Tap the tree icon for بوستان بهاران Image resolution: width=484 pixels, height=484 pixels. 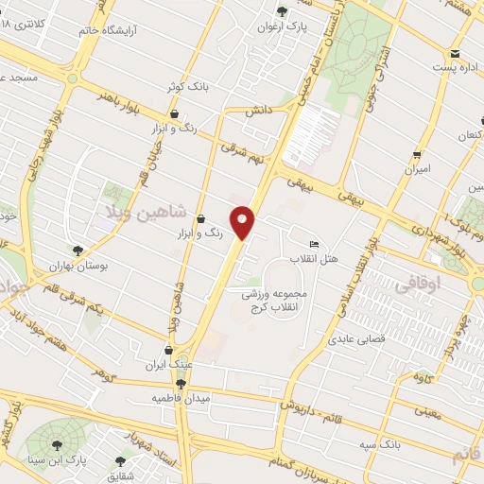78,251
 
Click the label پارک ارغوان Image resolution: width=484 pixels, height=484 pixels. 282,26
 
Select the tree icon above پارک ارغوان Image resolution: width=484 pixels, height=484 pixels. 282,10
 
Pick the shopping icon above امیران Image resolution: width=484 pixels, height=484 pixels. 416,154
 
